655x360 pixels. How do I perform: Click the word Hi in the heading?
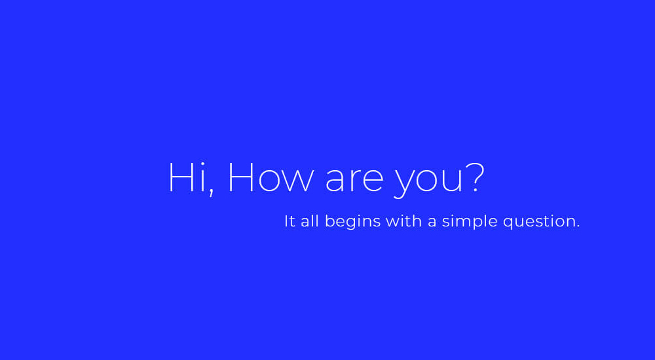[186, 177]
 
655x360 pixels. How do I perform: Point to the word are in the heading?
[354, 181]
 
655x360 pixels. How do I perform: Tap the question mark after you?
[475, 177]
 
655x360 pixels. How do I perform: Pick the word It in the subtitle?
[290, 221]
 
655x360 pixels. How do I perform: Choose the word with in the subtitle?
[404, 221]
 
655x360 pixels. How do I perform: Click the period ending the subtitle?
[578, 226]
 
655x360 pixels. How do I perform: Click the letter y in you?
[405, 185]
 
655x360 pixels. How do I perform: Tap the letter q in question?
[508, 224]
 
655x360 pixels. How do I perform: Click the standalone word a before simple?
[432, 223]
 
